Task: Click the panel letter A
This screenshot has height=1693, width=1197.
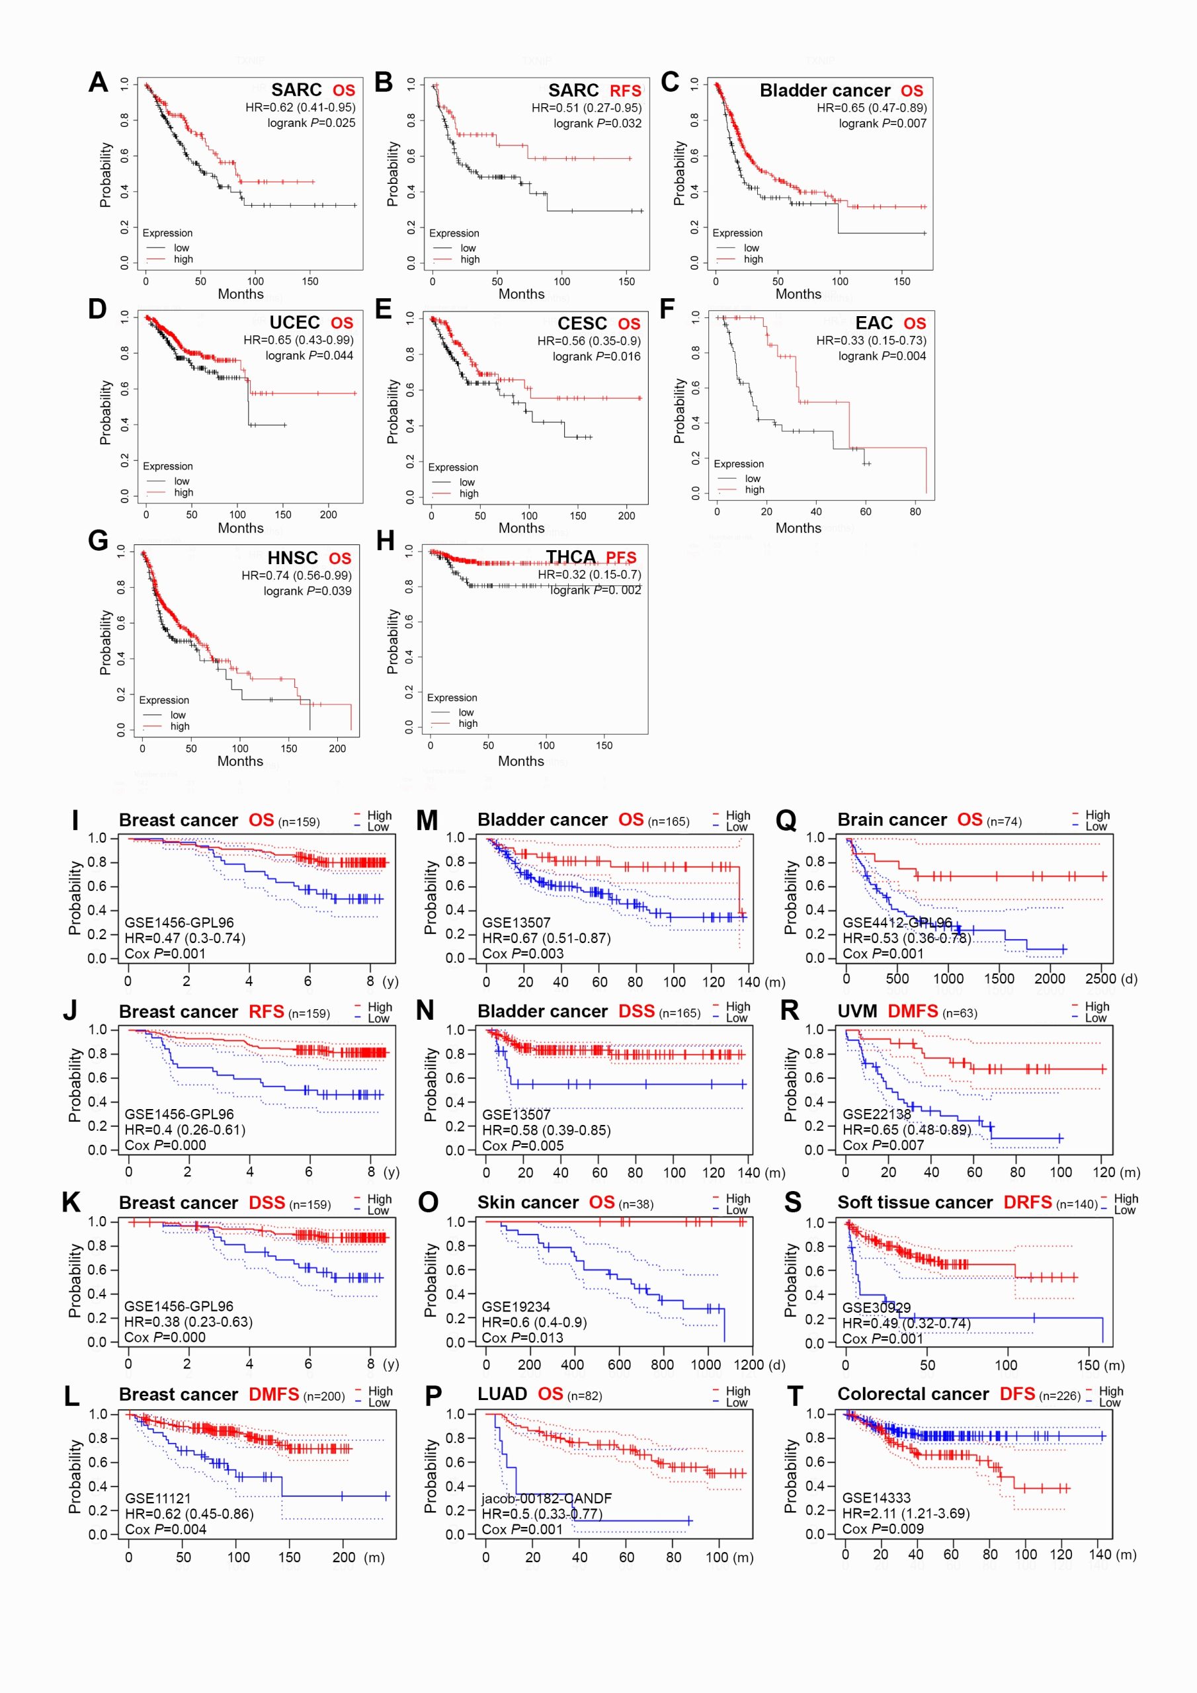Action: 98,82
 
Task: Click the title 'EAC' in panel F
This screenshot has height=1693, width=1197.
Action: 874,323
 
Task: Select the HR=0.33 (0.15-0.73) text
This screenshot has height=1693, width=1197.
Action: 870,340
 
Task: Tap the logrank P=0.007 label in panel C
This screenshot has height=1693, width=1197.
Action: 882,123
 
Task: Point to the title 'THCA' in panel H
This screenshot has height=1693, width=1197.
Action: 570,557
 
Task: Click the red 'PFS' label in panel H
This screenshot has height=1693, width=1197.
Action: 621,557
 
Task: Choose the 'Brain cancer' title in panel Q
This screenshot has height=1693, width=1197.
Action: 891,820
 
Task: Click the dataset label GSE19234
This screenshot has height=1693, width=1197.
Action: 516,1307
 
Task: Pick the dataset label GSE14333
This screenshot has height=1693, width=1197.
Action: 876,1498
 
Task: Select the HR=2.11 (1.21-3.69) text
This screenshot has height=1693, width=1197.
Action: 905,1513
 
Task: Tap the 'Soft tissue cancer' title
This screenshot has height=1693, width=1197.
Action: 915,1203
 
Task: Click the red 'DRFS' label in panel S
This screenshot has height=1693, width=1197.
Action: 1027,1203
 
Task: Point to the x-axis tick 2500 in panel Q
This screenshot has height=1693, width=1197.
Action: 1100,979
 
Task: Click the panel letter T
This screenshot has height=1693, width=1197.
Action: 794,1396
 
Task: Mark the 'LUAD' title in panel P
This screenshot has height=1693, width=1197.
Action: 501,1393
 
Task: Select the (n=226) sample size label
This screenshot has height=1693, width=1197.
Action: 1059,1396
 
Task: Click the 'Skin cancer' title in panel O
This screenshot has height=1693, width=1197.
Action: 527,1203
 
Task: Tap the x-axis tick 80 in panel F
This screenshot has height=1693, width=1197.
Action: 915,512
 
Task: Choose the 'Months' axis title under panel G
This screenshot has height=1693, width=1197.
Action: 239,761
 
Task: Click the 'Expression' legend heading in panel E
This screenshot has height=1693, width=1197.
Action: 453,468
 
